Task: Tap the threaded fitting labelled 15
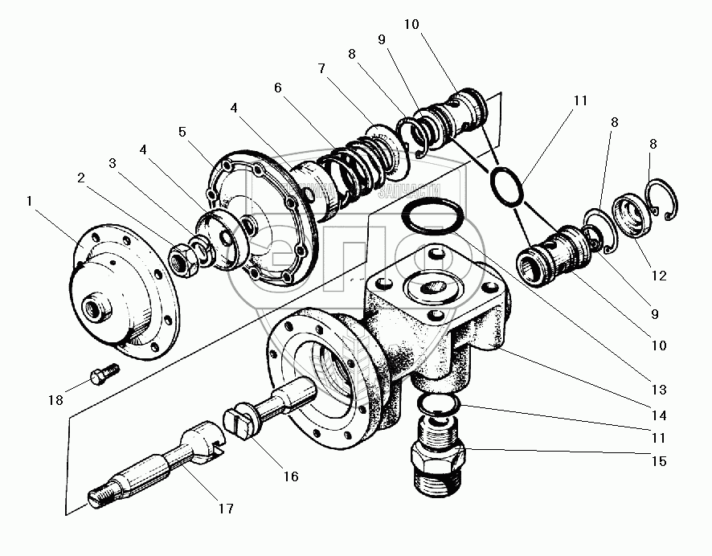pos(438,463)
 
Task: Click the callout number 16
pos(290,476)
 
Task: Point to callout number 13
pos(659,390)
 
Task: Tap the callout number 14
pos(659,416)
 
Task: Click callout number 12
pos(659,276)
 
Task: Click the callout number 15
pos(659,463)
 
